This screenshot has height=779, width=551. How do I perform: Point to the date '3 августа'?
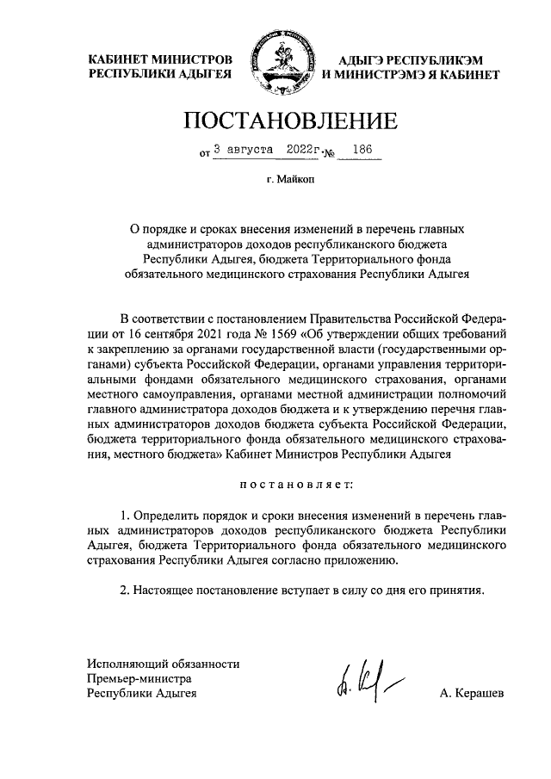point(241,150)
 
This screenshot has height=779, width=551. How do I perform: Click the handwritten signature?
point(361,683)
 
